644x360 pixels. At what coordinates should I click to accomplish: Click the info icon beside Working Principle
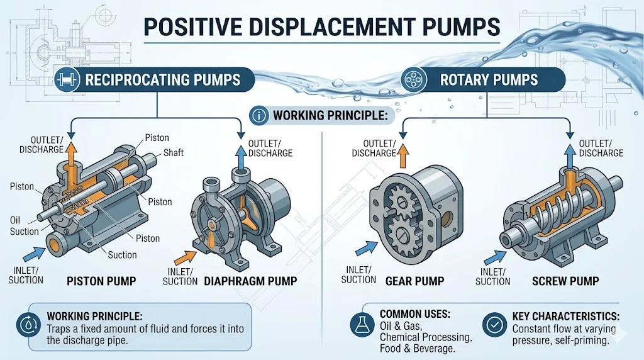[x=259, y=116]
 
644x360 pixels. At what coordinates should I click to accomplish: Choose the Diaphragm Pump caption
[x=250, y=281]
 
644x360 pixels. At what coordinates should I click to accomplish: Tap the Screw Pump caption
[x=564, y=281]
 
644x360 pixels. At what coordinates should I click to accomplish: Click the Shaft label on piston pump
[x=173, y=153]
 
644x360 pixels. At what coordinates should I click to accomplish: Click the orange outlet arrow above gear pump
[x=402, y=150]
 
